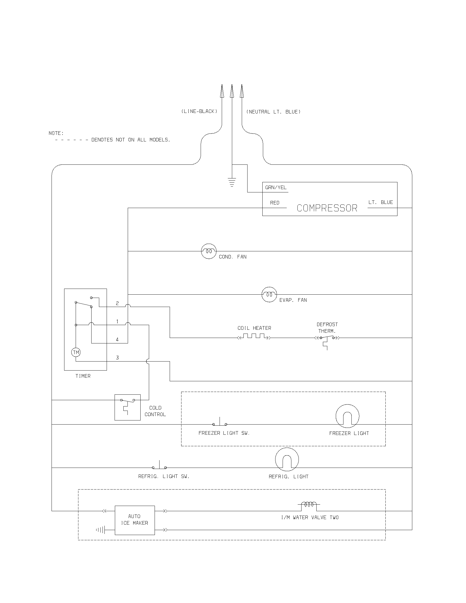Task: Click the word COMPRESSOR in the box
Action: click(x=327, y=208)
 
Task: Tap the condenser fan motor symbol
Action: click(x=209, y=251)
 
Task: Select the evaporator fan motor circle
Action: click(x=269, y=295)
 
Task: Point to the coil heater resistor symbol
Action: click(x=254, y=337)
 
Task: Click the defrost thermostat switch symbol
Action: click(x=327, y=339)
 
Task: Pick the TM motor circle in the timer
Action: click(x=76, y=352)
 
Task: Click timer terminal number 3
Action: click(x=117, y=358)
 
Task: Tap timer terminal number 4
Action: click(x=117, y=340)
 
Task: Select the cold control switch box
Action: click(x=127, y=407)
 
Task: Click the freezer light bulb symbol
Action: click(x=347, y=416)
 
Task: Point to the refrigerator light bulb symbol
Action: click(x=287, y=459)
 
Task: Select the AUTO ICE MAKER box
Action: click(x=135, y=520)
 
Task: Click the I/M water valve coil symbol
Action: click(x=309, y=505)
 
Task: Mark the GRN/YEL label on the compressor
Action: click(x=276, y=187)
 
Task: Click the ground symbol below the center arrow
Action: click(x=232, y=183)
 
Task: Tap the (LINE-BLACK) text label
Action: click(x=199, y=111)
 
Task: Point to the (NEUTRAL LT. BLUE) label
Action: click(x=273, y=112)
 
